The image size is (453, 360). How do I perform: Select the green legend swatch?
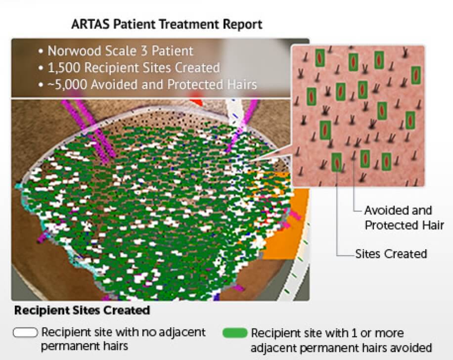pyautogui.click(x=235, y=332)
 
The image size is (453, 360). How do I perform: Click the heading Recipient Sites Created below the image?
pyautogui.click(x=82, y=311)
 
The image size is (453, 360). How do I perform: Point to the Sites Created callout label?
pyautogui.click(x=391, y=254)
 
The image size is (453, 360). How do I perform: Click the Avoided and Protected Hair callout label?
pyautogui.click(x=398, y=218)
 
